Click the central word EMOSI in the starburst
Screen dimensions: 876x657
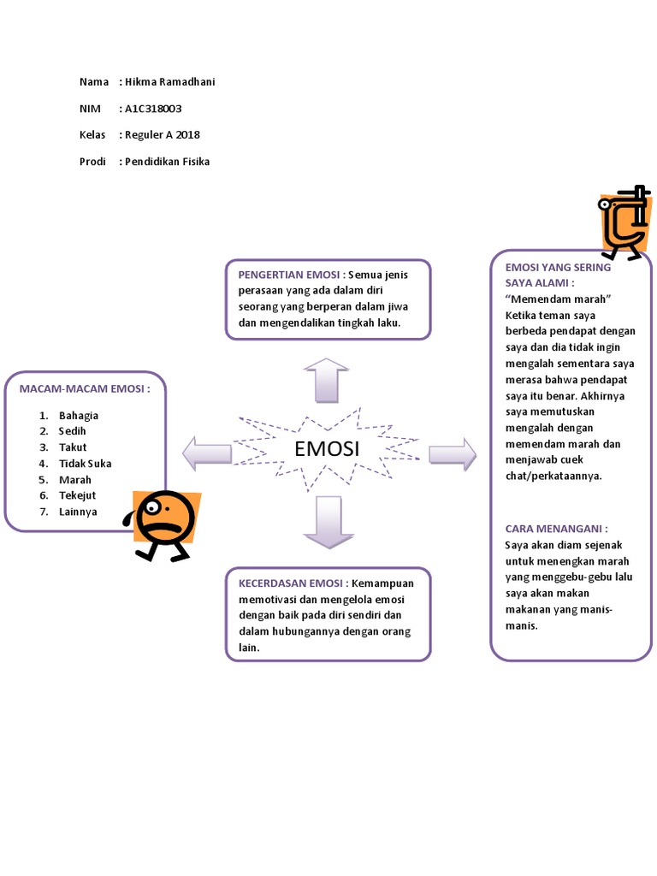327,450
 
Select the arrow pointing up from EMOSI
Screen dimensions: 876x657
326,380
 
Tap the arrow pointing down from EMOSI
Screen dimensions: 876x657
328,521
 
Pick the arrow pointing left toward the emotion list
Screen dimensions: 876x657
207,453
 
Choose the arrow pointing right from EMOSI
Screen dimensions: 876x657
452,453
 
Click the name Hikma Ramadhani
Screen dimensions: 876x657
169,82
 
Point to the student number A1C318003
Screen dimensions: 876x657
153,109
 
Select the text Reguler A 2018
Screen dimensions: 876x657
162,135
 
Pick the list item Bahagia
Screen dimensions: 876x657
79,416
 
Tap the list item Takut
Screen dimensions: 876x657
73,447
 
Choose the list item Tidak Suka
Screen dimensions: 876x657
86,464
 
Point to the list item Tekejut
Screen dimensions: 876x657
77,495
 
